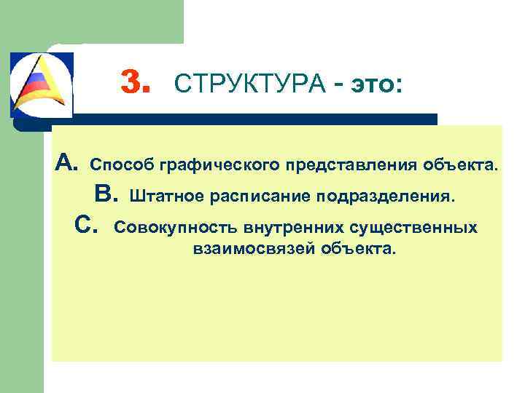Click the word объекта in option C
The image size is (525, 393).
point(360,250)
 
